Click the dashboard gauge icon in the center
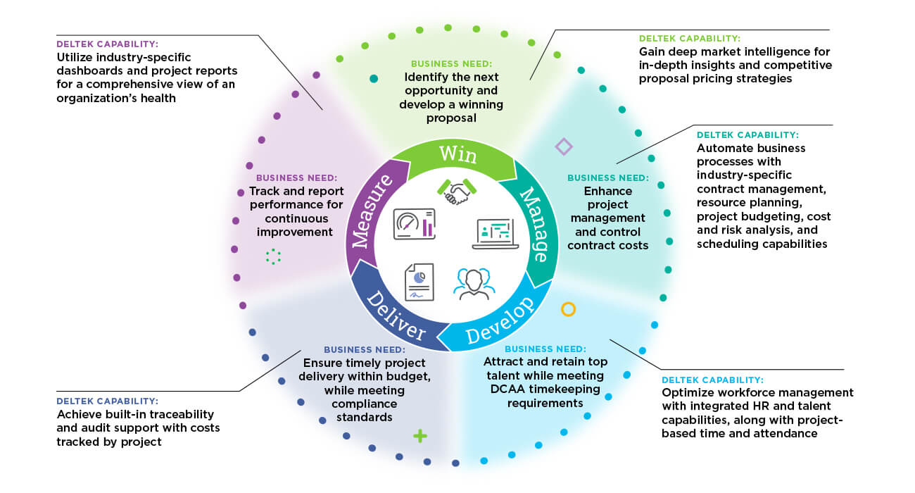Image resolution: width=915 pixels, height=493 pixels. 414,224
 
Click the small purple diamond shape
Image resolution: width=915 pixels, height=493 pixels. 563,146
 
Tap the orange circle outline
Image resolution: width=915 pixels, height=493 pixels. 568,309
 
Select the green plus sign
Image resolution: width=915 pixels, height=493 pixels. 420,436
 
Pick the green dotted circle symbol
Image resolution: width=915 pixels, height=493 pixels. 273,256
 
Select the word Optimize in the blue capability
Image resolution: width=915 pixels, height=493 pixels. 686,392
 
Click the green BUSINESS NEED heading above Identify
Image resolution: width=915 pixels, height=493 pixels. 451,63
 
